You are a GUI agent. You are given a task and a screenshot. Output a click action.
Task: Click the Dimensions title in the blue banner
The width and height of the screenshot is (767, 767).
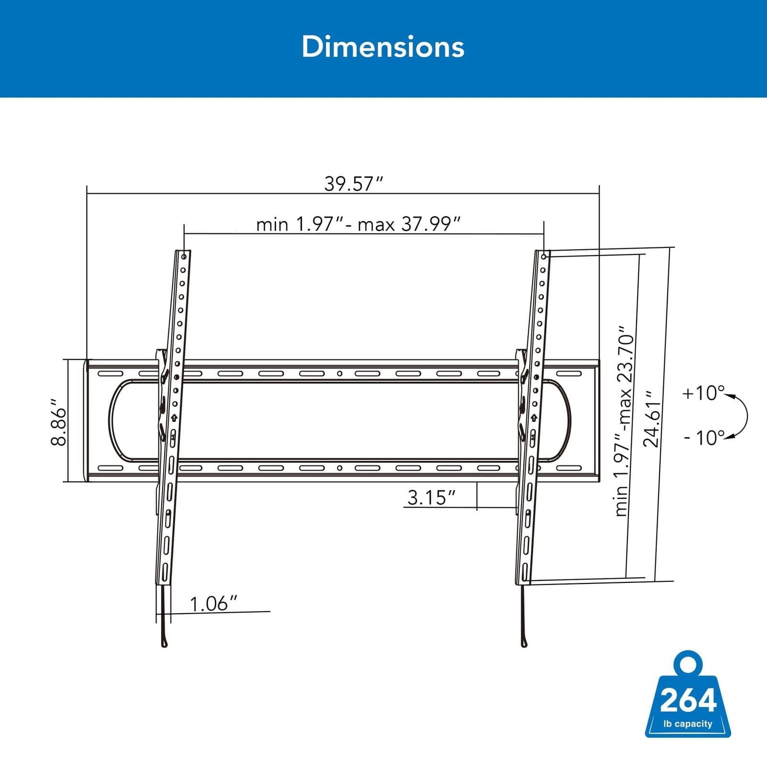[383, 47]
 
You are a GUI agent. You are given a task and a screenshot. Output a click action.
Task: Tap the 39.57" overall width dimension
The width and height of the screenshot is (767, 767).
[353, 184]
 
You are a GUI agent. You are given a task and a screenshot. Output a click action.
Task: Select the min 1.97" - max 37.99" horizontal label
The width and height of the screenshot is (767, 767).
[358, 224]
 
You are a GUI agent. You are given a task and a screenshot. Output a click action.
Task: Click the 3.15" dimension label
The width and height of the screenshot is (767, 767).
[431, 498]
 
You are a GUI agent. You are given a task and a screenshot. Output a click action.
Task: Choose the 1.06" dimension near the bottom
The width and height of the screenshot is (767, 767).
[213, 603]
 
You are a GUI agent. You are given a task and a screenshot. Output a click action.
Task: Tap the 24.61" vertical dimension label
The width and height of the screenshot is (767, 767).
[652, 419]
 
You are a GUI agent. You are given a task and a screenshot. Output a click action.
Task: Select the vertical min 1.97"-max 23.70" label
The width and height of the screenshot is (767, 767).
[625, 420]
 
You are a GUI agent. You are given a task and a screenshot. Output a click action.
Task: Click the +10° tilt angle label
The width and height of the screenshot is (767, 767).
[703, 393]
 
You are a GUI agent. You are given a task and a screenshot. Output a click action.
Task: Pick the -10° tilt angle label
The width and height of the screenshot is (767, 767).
[704, 438]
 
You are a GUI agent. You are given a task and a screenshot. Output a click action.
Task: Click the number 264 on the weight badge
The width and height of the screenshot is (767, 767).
[688, 701]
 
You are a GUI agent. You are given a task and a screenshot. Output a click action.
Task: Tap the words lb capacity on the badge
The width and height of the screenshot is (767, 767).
[688, 724]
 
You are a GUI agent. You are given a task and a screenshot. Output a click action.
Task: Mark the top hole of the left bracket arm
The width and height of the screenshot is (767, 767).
[184, 256]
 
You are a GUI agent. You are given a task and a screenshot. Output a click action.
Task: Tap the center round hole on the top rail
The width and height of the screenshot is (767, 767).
[340, 374]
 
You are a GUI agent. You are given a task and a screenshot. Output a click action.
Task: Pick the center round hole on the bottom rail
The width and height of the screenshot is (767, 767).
[340, 468]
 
